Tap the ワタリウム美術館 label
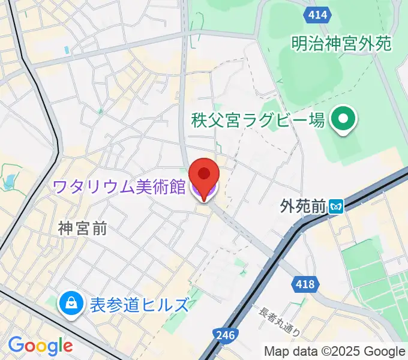(119, 187)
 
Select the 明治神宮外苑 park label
(341, 43)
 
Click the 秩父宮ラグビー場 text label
(258, 120)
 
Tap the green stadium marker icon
(344, 119)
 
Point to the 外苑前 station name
(302, 207)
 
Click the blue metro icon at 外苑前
(336, 208)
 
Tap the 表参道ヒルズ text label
(139, 305)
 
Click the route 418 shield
(305, 283)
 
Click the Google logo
(40, 346)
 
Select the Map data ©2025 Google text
(335, 351)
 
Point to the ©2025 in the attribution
(341, 351)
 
